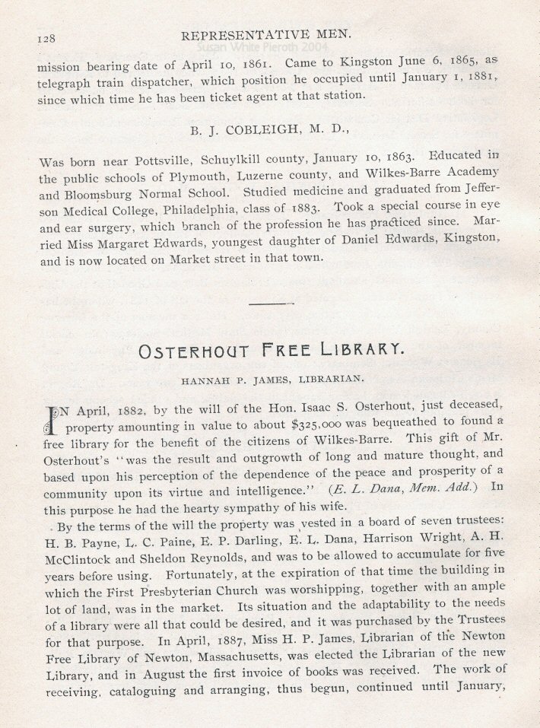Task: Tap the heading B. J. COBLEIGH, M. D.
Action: (270, 129)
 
